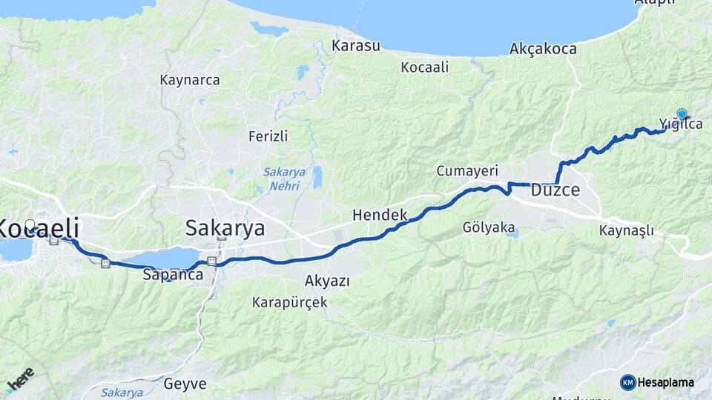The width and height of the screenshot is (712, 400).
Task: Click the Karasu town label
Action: (356, 46)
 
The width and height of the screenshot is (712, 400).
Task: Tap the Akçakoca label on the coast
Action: (543, 49)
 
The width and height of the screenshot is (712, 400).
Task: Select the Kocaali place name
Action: (425, 67)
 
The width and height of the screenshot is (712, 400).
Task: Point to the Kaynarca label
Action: (190, 80)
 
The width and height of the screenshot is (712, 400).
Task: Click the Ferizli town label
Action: (268, 136)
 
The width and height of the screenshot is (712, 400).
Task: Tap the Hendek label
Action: (380, 215)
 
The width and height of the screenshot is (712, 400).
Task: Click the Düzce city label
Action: (555, 190)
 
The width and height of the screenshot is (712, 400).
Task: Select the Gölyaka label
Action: (488, 227)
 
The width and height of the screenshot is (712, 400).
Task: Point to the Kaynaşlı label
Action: (626, 230)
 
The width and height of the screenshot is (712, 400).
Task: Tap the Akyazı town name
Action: (327, 281)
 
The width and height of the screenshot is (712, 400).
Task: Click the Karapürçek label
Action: (289, 302)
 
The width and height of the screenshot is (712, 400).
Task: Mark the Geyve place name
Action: (185, 384)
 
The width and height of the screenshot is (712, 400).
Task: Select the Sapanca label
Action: (172, 275)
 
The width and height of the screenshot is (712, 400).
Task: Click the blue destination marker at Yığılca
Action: (682, 114)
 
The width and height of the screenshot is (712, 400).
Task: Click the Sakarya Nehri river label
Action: (282, 179)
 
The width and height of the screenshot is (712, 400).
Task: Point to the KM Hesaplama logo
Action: (657, 382)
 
